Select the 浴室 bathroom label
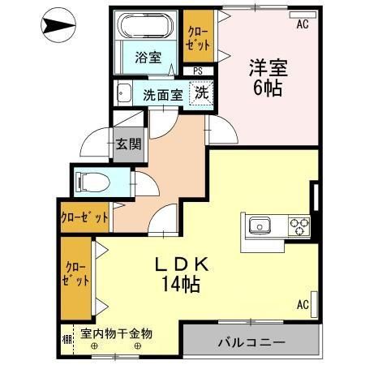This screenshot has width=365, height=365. (x=148, y=58)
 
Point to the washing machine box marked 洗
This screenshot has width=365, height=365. (x=200, y=92)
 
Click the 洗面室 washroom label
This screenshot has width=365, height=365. (x=163, y=93)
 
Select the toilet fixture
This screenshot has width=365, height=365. (x=88, y=180)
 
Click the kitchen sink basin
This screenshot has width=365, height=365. (x=260, y=225)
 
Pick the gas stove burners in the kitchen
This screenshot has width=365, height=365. (x=298, y=225)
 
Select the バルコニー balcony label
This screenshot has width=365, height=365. (x=251, y=342)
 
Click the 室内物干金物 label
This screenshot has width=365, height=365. (x=117, y=333)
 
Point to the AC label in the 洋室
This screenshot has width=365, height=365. (x=303, y=24)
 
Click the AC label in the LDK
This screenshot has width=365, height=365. (x=303, y=305)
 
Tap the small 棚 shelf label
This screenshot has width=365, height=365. (x=66, y=334)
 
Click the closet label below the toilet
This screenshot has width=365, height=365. (x=84, y=217)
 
